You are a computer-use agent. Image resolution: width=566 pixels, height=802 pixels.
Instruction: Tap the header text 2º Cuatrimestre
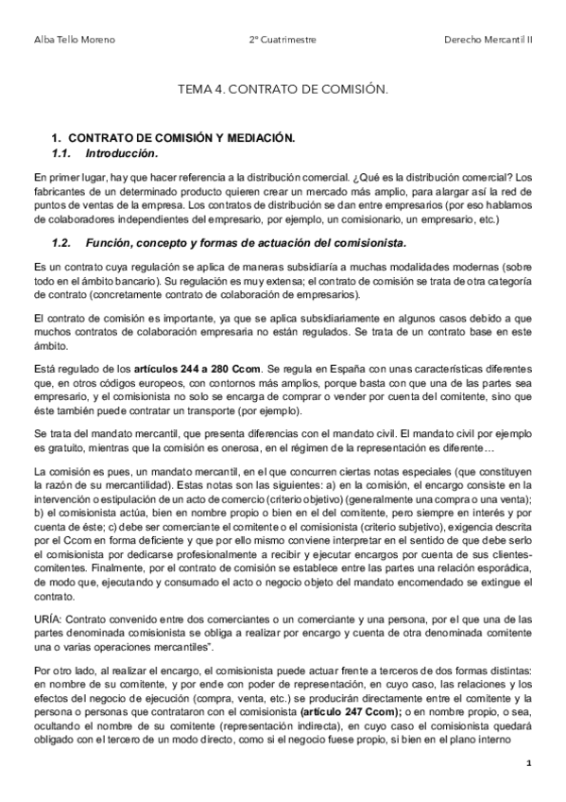coord(283,40)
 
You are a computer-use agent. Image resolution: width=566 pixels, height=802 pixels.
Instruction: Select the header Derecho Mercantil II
coord(488,40)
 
